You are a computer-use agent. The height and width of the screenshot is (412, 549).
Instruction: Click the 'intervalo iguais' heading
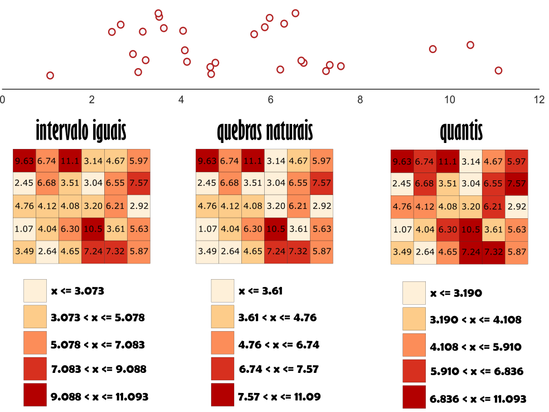(81, 131)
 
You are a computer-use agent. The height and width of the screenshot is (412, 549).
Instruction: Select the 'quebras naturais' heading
(265, 131)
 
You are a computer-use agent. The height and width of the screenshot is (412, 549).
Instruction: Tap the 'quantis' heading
(461, 131)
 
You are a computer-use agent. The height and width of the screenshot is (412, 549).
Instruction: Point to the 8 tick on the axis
(360, 99)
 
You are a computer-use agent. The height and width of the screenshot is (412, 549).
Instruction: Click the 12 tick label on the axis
(538, 99)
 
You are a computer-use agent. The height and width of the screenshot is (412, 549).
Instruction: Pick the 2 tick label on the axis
(92, 99)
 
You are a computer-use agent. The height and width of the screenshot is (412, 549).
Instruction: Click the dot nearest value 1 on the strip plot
(50, 75)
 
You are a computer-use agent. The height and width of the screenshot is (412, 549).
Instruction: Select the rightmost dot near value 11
(498, 70)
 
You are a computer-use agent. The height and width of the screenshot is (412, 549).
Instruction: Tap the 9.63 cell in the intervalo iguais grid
(24, 161)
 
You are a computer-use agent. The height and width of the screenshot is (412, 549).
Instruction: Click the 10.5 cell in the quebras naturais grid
(276, 228)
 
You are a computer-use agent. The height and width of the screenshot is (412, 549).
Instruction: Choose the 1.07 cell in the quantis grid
(402, 229)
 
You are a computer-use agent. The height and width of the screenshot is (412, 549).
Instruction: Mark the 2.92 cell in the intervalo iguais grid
(139, 206)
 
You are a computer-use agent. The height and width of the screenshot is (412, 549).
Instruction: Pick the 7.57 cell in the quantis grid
(516, 184)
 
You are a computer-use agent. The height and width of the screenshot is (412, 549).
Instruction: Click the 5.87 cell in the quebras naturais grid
(322, 251)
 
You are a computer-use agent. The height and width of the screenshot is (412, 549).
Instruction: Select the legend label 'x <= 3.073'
(77, 291)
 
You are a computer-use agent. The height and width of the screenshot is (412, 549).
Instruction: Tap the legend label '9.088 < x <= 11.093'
(100, 397)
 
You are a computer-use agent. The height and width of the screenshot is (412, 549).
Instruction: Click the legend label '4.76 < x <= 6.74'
(279, 344)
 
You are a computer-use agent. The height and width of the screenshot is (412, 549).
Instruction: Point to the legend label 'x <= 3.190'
(456, 293)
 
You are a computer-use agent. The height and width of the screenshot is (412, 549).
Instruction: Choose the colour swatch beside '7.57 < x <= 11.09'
(222, 395)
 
